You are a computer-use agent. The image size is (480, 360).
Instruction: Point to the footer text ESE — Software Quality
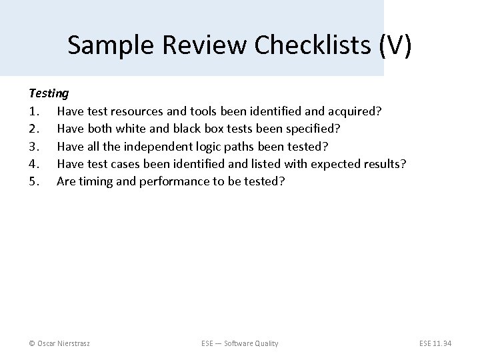point(240,343)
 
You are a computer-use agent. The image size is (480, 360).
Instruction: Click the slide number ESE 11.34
point(435,343)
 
